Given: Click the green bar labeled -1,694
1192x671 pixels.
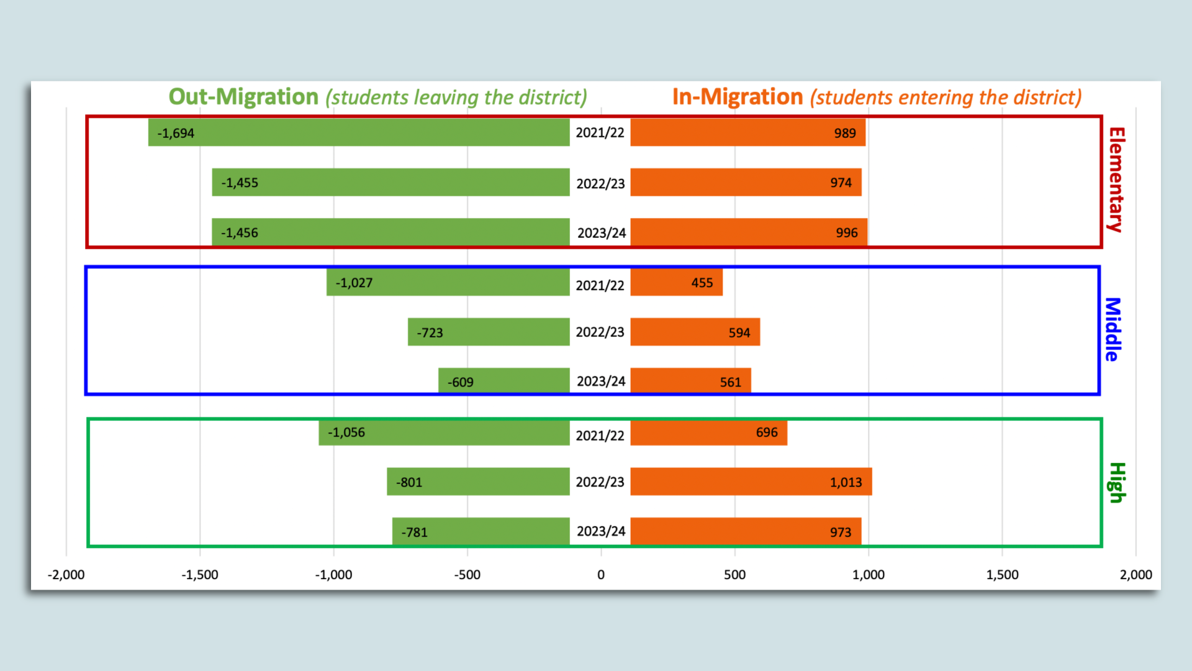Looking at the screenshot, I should click(x=359, y=132).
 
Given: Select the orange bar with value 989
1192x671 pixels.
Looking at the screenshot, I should click(x=747, y=132).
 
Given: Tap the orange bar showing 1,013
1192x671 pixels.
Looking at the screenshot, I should click(x=751, y=482).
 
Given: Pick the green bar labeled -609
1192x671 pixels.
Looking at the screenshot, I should click(x=503, y=380).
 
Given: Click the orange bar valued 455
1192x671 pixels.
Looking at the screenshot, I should click(x=676, y=282).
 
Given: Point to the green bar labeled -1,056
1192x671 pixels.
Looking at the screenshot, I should click(x=444, y=432).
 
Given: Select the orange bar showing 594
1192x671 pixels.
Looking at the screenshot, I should click(x=695, y=332).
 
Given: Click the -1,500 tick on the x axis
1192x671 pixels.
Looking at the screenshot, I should click(x=200, y=575).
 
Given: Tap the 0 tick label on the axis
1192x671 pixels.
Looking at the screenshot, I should click(x=600, y=575).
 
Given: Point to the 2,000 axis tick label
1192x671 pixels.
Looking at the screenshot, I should click(x=1136, y=575).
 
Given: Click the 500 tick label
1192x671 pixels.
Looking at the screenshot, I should click(x=734, y=575).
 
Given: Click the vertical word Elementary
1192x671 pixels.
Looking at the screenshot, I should click(x=1116, y=180).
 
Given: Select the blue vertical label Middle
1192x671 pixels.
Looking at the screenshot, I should click(x=1112, y=329).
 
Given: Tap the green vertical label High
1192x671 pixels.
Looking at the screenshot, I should click(x=1116, y=482).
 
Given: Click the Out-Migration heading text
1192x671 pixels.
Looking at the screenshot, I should click(x=243, y=97).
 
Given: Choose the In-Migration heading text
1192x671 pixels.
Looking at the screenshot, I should click(x=738, y=97).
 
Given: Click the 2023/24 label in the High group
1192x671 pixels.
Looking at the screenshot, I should click(x=600, y=531).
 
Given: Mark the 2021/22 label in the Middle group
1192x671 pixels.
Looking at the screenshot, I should click(x=600, y=285).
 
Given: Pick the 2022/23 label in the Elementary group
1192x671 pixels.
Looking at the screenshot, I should click(x=600, y=184).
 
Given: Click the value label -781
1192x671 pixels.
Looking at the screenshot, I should click(x=414, y=532).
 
